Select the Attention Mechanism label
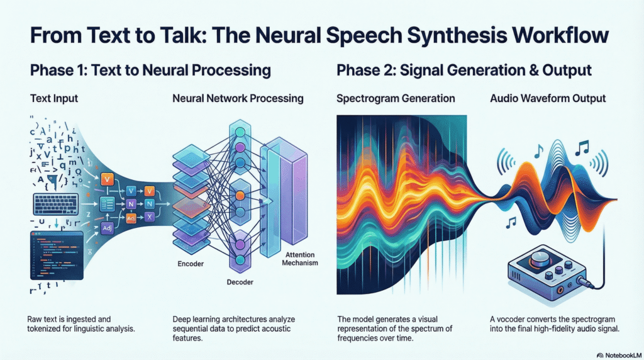tap(297, 259)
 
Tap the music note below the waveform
tap(511, 222)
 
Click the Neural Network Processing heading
tap(238, 98)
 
